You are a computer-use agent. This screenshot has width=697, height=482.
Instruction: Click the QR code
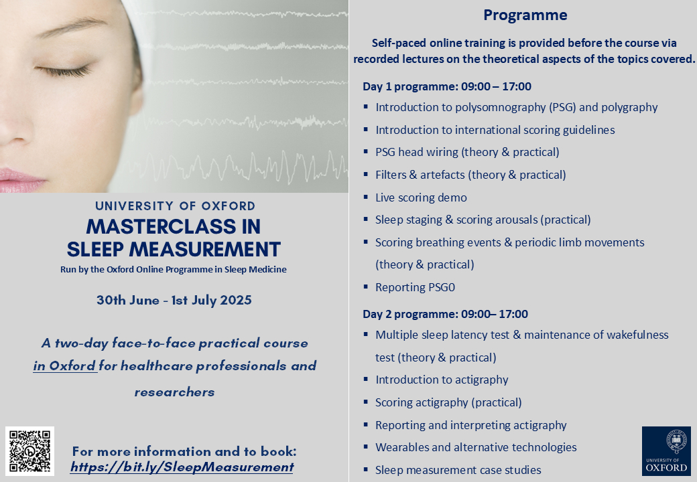(x=29, y=451)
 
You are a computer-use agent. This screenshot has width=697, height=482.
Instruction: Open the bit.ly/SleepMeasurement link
(x=182, y=467)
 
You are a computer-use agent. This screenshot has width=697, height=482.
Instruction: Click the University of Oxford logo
(x=666, y=451)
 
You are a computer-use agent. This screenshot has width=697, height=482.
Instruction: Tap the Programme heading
(x=525, y=15)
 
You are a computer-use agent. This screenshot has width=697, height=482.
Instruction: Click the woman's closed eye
(x=63, y=70)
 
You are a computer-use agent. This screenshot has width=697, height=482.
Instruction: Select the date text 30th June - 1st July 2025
(x=174, y=301)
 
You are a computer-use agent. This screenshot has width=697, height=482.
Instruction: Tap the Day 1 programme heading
(x=447, y=86)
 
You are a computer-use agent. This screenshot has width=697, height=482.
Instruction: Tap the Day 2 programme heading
(x=446, y=314)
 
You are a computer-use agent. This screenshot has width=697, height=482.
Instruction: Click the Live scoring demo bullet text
(x=421, y=197)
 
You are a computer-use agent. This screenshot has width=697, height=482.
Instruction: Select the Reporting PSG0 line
(x=415, y=287)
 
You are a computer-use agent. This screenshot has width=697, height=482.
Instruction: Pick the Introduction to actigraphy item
(x=442, y=380)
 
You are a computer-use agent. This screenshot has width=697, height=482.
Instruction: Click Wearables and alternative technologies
(x=476, y=447)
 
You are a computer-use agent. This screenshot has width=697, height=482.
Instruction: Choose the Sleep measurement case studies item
(x=458, y=470)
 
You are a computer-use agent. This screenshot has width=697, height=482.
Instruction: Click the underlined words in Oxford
(x=65, y=366)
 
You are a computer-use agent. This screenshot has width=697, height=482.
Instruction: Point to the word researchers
(x=174, y=392)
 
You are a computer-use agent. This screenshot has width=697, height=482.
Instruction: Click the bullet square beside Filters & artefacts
(x=366, y=175)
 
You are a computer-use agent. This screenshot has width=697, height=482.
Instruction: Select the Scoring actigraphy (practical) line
(x=448, y=402)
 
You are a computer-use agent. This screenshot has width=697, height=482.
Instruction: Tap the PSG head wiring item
(x=467, y=152)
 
